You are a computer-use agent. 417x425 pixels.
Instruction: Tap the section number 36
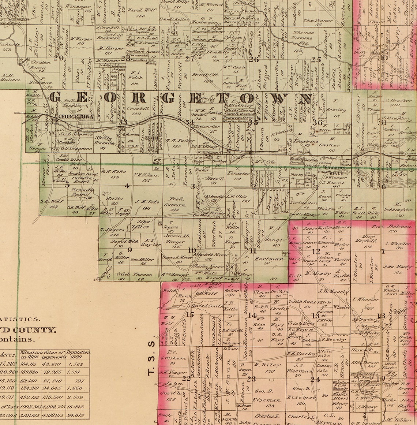coord(317,123)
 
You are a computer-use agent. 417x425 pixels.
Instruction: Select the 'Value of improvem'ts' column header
coord(54,354)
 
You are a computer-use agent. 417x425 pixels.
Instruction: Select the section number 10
coord(192,250)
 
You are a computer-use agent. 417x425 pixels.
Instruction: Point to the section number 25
coord(315,59)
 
